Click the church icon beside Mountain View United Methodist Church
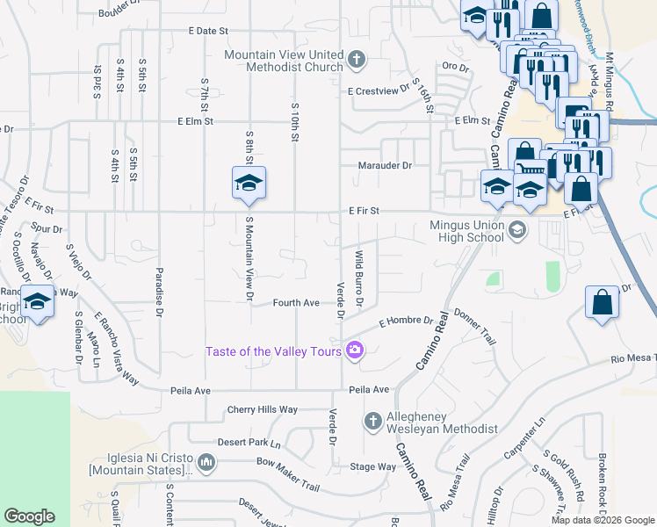click(356, 61)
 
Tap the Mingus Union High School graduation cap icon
click(517, 231)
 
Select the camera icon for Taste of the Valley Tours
click(355, 351)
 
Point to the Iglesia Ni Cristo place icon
click(206, 462)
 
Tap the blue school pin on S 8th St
click(249, 183)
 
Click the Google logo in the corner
click(29, 516)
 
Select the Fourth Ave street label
click(296, 303)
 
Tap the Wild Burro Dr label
click(359, 279)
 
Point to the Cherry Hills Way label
click(263, 409)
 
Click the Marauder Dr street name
click(385, 165)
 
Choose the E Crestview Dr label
click(379, 90)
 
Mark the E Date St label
click(208, 31)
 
